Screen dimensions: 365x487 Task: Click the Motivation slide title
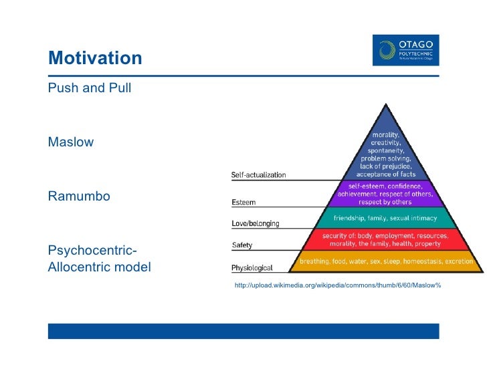click(95, 58)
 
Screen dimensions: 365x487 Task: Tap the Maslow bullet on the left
click(71, 142)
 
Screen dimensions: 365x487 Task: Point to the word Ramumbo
click(79, 197)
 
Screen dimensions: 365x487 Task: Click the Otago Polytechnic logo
click(406, 50)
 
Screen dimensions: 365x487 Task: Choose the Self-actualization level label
click(258, 175)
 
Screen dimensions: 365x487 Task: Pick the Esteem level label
click(243, 202)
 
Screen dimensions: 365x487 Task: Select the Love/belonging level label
click(255, 223)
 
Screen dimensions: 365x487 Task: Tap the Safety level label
click(242, 245)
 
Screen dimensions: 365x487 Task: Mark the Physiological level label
click(252, 268)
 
